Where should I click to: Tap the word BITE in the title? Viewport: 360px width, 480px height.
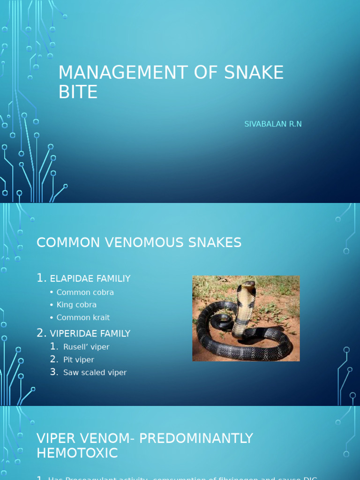click(78, 92)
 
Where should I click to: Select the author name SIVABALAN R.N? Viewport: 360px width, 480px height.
click(273, 124)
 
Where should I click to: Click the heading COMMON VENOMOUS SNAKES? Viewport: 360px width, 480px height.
click(139, 242)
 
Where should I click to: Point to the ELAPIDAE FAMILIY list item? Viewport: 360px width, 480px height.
click(90, 278)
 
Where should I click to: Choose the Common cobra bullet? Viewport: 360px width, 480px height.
click(85, 292)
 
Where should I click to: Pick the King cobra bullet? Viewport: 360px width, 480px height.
click(76, 305)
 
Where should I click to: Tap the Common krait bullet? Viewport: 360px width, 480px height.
click(83, 317)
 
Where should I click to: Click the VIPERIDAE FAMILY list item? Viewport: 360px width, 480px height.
click(90, 334)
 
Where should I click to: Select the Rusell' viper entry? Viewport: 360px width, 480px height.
click(86, 347)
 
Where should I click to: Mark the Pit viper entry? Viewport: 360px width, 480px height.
click(79, 360)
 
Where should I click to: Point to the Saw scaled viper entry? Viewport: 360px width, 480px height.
click(95, 373)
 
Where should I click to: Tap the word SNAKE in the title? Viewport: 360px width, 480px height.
click(253, 73)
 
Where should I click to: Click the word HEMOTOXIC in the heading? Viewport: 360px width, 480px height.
click(77, 453)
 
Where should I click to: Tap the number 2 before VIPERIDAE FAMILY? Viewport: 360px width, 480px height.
click(41, 333)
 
